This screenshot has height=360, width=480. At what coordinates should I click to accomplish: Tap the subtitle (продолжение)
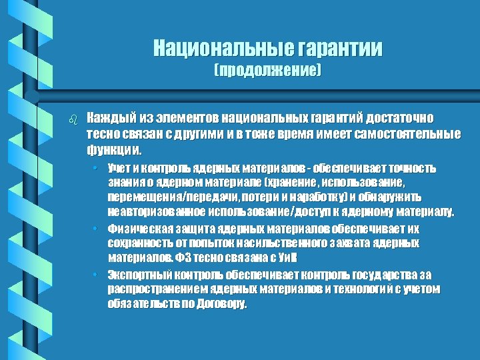(x=267, y=70)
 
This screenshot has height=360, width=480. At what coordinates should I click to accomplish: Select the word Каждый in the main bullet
(x=111, y=118)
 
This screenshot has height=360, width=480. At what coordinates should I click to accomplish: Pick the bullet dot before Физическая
(x=96, y=228)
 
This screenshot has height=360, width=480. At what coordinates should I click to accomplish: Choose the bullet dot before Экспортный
(x=96, y=274)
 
